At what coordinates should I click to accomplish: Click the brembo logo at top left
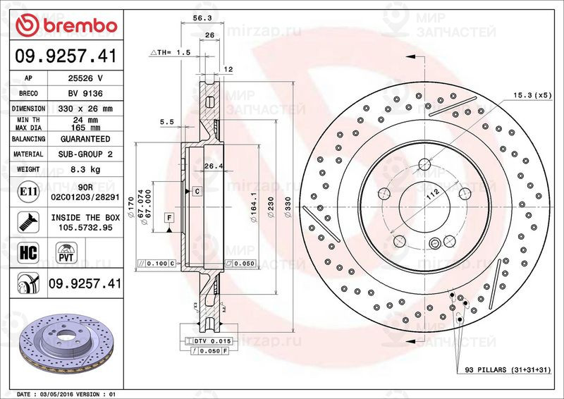point(65,25)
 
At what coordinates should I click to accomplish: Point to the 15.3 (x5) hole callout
point(532,94)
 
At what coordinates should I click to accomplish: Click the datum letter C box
point(197,191)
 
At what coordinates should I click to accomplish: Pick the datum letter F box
point(169,218)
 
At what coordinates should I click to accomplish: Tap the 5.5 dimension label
point(167,122)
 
